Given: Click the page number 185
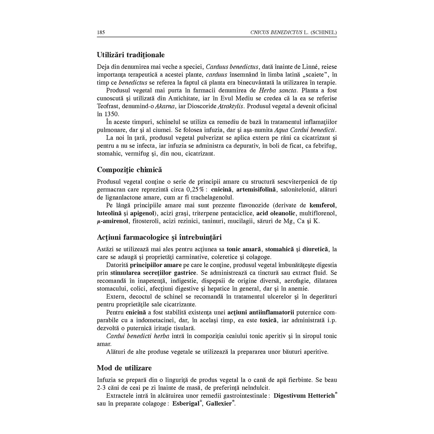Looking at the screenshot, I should [x=101, y=32].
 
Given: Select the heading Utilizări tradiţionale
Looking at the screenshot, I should [x=131, y=55].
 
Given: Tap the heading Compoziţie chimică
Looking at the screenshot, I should [x=129, y=170].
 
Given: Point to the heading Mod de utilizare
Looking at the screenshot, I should [x=124, y=368].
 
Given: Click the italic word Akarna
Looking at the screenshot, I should [x=165, y=106].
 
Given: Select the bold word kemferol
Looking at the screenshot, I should [x=323, y=205].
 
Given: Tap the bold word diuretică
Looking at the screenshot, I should [x=315, y=249].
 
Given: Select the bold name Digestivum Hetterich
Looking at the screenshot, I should [x=304, y=396].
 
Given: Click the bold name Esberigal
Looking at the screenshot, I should [x=186, y=403].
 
